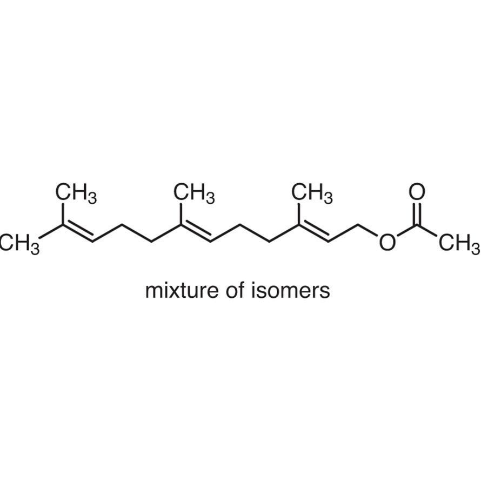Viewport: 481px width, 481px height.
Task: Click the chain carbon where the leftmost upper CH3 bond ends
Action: pos(63,225)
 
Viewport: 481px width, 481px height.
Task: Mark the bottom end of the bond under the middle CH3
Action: pos(181,225)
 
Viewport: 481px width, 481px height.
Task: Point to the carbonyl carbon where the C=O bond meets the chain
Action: pos(417,225)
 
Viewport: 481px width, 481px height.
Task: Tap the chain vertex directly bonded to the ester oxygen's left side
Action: pos(358,225)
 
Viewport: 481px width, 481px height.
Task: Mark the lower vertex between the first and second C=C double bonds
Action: pos(152,242)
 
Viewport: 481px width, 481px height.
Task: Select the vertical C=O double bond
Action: pos(417,213)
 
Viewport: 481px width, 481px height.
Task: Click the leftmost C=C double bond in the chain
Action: pos(78,232)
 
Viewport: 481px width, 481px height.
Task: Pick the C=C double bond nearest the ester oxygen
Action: pos(314,232)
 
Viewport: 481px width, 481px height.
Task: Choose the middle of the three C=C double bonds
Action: pos(196,232)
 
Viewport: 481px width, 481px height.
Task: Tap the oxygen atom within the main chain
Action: pos(388,242)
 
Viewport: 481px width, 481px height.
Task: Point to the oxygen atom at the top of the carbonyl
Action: pos(417,191)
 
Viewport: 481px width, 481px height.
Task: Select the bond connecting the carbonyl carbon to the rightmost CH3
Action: pos(427,231)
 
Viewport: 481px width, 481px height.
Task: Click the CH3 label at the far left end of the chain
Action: pos(19,244)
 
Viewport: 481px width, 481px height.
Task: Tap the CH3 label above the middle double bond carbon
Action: pos(194,193)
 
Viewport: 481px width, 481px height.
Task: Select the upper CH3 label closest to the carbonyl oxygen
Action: pos(312,193)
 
